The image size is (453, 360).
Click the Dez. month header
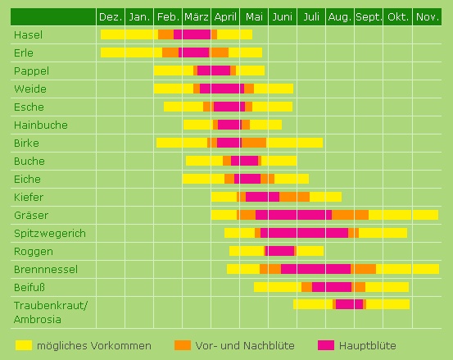(110, 17)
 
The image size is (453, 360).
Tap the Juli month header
(310, 17)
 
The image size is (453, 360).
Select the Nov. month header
(427, 17)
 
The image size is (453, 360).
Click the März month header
(196, 17)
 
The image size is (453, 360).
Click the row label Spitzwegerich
(49, 233)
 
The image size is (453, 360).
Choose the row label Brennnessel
(45, 269)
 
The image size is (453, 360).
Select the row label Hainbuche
(40, 125)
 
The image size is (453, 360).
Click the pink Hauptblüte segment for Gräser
(293, 215)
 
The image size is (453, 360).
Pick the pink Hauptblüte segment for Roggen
(280, 251)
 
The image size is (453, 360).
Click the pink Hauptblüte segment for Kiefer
(262, 197)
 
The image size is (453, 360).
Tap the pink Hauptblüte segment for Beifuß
(331, 287)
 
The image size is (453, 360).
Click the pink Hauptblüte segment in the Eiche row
(247, 179)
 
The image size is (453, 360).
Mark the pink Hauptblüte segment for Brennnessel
(315, 269)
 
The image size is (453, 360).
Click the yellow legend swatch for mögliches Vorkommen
(23, 344)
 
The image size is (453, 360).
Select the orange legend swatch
(182, 344)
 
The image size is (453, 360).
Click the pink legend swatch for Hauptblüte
(327, 344)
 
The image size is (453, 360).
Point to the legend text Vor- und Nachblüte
(246, 345)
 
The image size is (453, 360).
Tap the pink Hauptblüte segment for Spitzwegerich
(304, 233)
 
